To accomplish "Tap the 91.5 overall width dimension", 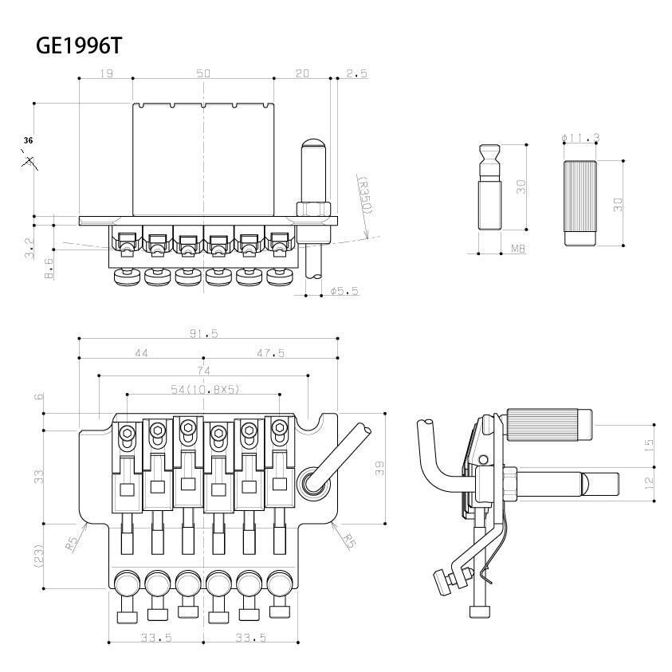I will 204,333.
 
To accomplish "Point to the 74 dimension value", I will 204,371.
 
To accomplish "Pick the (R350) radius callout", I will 365,195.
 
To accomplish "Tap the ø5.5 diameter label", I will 344,292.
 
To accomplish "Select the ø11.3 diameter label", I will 580,138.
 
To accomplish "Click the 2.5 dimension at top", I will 357,73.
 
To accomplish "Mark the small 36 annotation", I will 29,140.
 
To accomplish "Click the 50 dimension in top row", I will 203,73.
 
